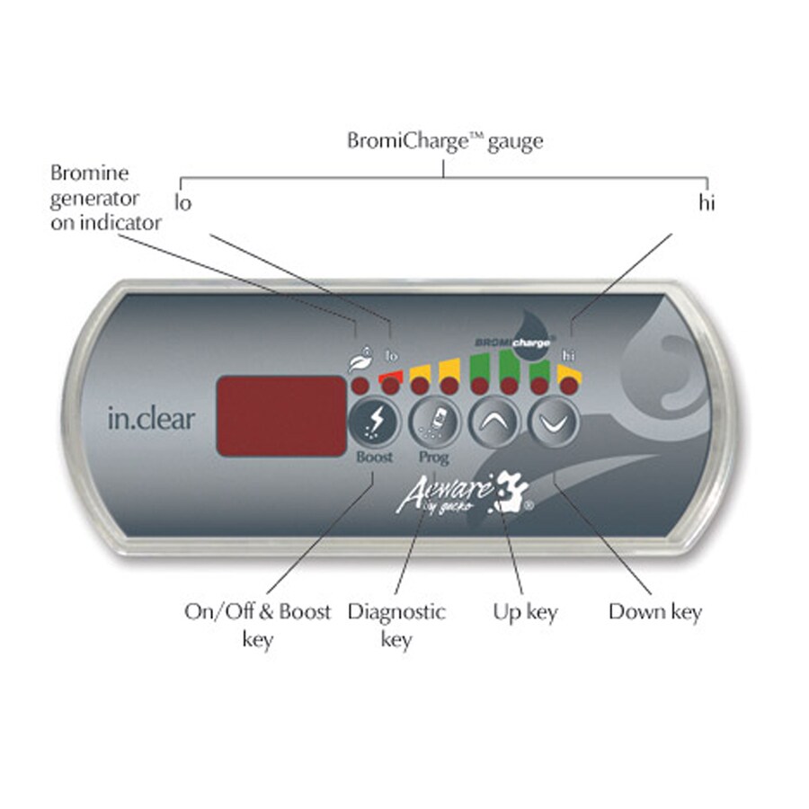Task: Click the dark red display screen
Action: tap(280, 415)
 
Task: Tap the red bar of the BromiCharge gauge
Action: tap(390, 373)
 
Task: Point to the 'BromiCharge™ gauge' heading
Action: tap(445, 141)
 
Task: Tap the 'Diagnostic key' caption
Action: tap(396, 625)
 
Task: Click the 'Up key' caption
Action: tap(525, 613)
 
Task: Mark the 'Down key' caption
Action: tap(654, 613)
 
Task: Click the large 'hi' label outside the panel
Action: tap(708, 203)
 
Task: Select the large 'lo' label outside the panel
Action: tap(183, 203)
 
